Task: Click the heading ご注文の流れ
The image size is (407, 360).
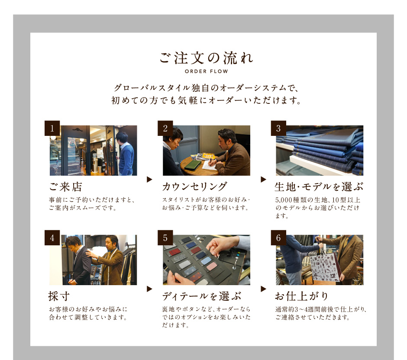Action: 207,58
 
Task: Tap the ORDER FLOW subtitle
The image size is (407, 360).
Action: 207,71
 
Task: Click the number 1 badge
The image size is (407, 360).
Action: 52,128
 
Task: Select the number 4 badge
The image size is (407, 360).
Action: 52,238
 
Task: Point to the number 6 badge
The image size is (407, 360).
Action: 278,238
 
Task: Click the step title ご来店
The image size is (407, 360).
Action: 66,187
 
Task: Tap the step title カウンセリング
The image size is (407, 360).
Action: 195,187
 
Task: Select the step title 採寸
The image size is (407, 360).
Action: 59,296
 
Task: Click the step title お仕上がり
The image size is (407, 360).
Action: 302,296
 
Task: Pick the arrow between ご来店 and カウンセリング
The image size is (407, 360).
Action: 149,179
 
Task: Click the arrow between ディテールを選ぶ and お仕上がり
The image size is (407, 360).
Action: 263,289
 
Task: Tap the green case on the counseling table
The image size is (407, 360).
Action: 192,165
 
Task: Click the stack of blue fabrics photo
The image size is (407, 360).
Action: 320,151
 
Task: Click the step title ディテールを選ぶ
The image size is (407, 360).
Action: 202,296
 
